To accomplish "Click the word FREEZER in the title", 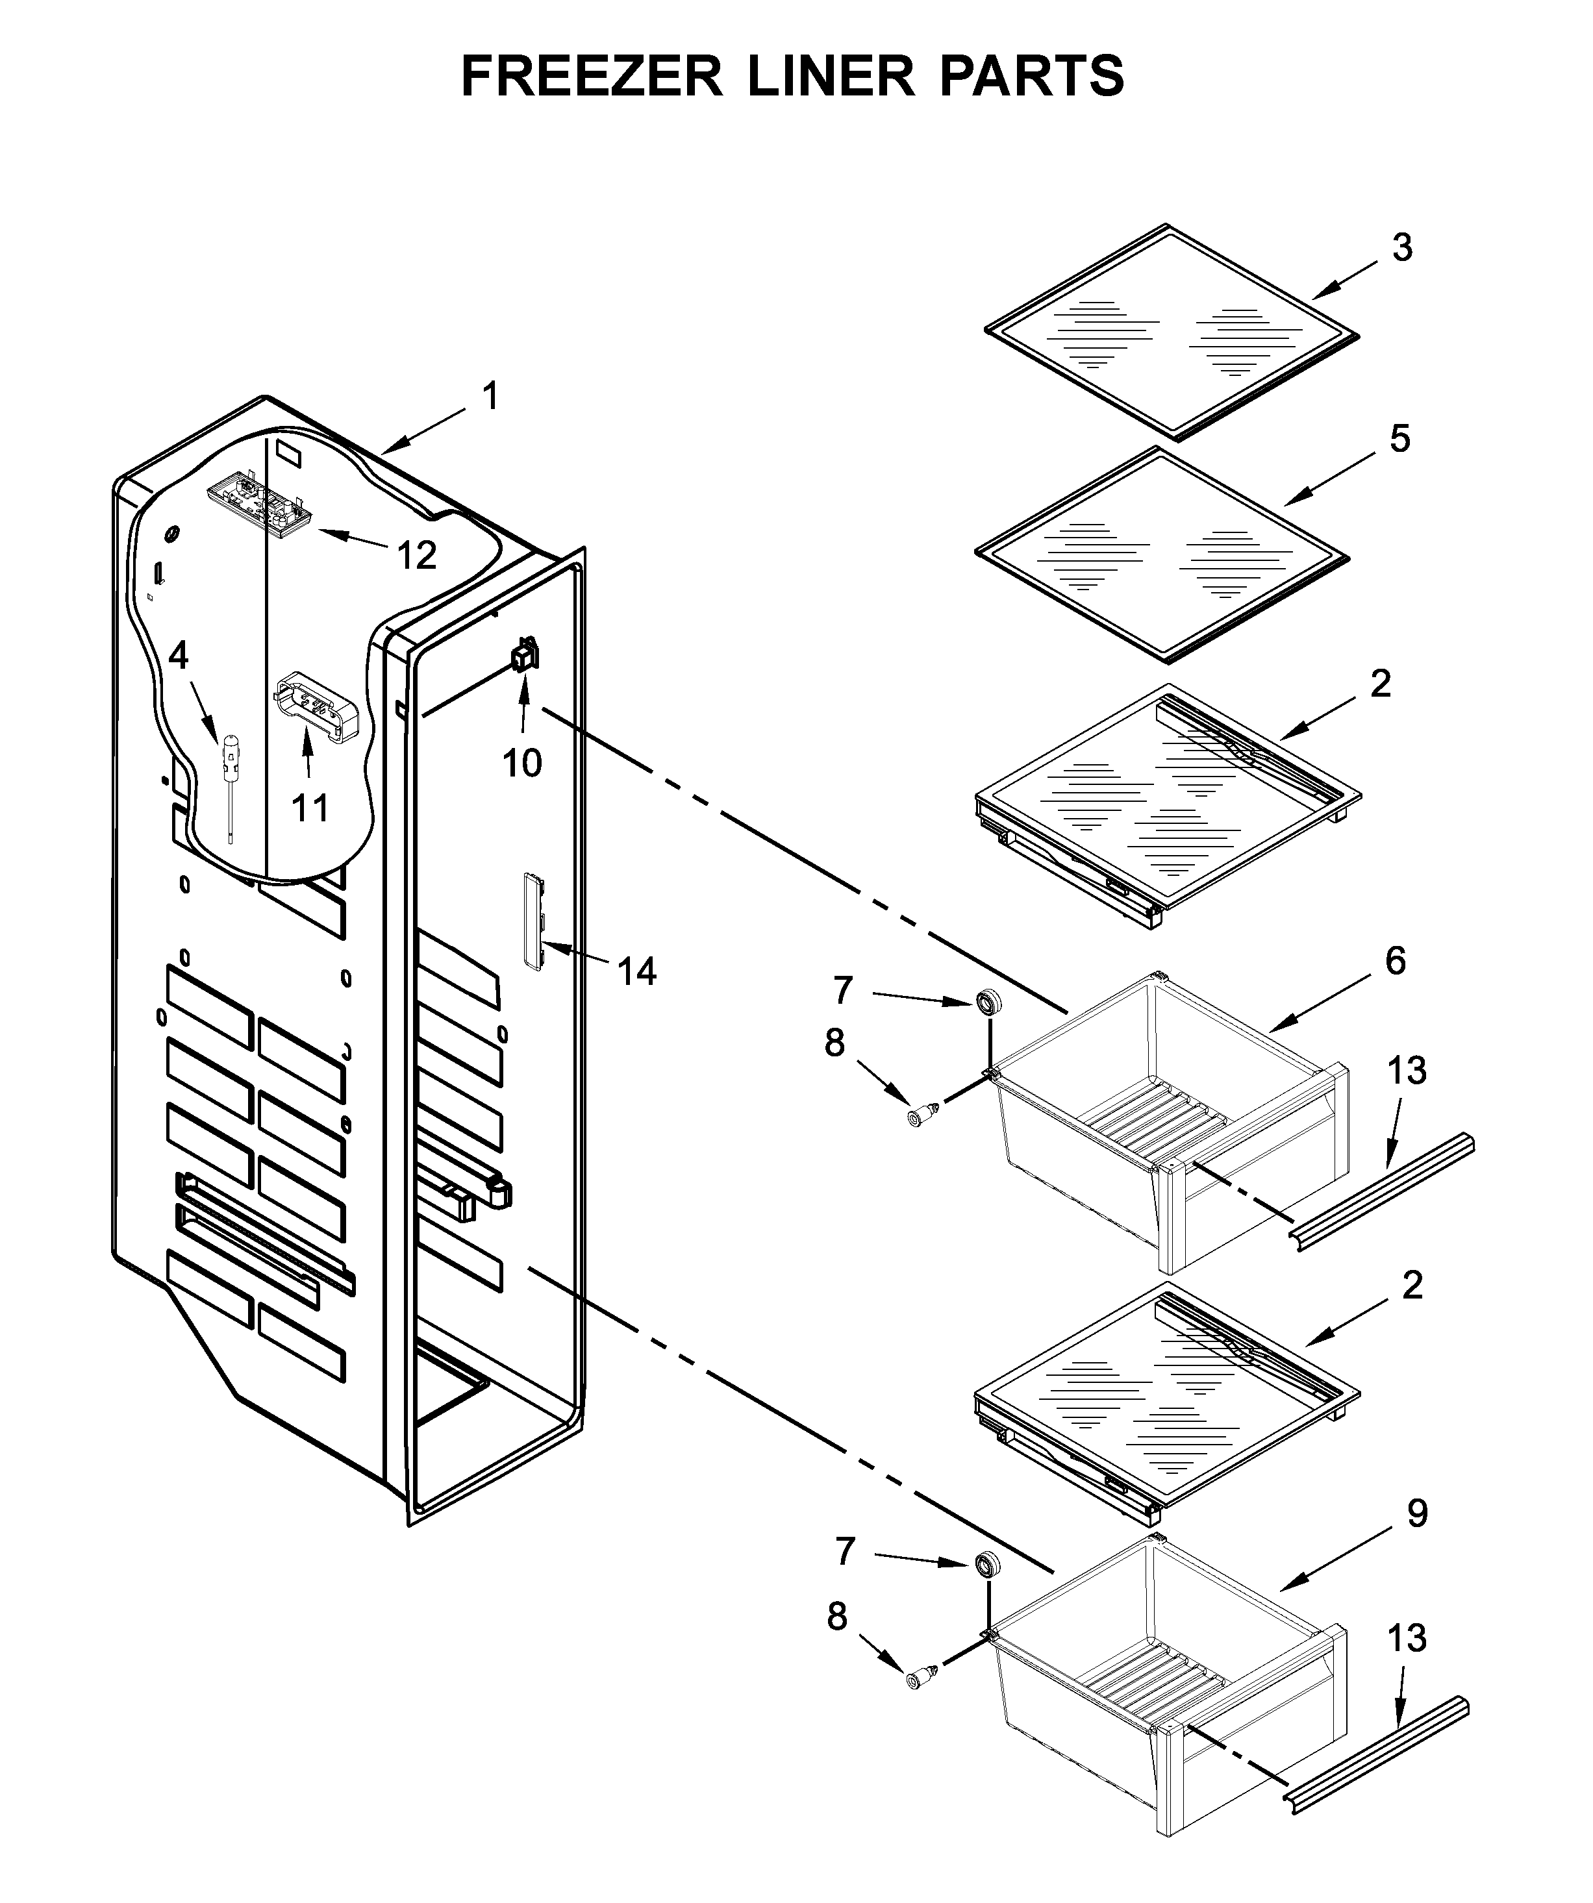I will (x=592, y=76).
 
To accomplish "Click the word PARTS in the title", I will (x=1031, y=76).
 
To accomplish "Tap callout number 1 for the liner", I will (x=490, y=397).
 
